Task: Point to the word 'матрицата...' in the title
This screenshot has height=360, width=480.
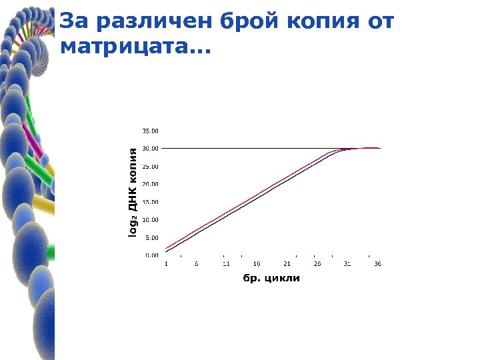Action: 133,48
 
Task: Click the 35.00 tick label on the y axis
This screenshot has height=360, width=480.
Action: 151,131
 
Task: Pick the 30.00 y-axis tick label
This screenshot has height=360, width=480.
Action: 151,148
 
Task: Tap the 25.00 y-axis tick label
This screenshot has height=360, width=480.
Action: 151,166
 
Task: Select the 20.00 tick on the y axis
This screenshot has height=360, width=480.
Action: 151,184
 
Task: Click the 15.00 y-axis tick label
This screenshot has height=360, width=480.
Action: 151,201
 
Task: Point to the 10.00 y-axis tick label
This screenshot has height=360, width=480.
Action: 151,219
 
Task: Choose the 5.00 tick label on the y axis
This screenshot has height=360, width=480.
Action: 152,237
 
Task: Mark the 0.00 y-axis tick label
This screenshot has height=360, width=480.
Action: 152,255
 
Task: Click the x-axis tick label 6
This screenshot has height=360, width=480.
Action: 196,264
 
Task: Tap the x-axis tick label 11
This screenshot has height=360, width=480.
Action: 226,264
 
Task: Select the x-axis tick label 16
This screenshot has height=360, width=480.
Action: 257,264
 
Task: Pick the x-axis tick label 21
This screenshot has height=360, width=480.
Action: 287,264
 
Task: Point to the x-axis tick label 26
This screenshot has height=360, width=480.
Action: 317,264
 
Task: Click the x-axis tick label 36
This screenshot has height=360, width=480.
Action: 377,264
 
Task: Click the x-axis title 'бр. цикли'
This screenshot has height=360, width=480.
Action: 271,278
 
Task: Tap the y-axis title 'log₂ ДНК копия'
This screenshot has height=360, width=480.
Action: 133,193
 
